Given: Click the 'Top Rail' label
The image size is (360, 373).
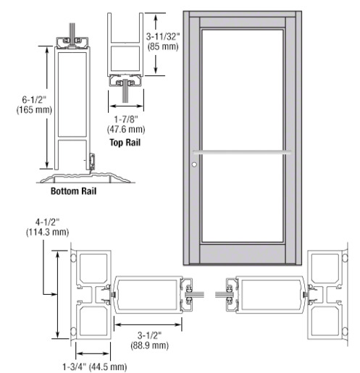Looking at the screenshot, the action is (x=125, y=143).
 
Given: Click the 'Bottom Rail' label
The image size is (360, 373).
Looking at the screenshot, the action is (x=73, y=191).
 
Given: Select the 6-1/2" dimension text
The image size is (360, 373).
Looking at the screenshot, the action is (x=34, y=99).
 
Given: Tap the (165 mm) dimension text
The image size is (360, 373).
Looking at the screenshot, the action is (x=34, y=110).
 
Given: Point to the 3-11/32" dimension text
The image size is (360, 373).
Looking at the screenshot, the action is (x=163, y=36).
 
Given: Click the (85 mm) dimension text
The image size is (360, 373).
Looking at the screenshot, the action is (x=163, y=46).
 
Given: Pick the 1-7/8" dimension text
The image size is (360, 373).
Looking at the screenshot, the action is (x=126, y=119).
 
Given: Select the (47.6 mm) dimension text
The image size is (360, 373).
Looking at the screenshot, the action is (x=126, y=130).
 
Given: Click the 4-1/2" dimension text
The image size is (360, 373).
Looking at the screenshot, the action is (x=47, y=222).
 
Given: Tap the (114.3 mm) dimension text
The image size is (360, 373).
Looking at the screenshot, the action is (x=47, y=232).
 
